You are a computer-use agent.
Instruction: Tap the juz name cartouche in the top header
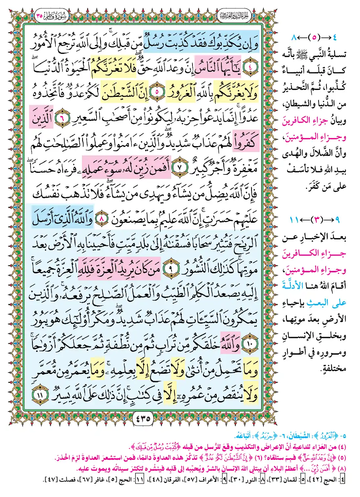tap(234, 15)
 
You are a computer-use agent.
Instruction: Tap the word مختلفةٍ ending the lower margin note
tap(333, 368)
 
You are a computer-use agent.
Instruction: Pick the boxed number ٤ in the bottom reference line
tap(343, 480)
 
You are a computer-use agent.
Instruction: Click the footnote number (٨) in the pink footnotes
tap(342, 468)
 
